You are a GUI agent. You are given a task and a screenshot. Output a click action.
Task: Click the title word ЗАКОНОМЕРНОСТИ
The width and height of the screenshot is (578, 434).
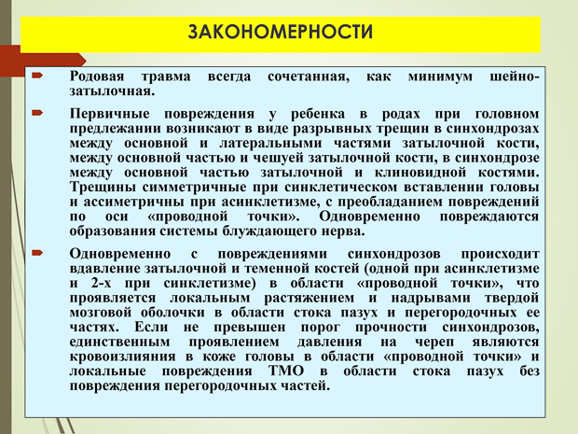281,32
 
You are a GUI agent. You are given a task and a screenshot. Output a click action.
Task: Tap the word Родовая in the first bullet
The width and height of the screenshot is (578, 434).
97,77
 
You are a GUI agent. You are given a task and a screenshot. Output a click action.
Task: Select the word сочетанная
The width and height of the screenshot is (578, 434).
309,77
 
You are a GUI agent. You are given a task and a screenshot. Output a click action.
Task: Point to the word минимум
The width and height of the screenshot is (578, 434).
440,77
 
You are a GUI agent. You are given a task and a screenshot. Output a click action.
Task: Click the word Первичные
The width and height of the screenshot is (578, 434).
109,114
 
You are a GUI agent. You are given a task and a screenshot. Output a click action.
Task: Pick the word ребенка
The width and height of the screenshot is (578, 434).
318,114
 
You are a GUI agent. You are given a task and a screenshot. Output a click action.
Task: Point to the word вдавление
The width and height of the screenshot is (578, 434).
105,269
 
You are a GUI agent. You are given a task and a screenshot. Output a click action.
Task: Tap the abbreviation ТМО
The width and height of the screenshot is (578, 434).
286,371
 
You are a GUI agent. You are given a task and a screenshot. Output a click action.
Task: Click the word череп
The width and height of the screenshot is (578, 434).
434,343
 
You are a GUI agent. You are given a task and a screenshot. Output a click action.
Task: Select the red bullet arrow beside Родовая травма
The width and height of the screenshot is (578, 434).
37,76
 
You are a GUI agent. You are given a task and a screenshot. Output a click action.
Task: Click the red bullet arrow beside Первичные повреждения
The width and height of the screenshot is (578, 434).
37,113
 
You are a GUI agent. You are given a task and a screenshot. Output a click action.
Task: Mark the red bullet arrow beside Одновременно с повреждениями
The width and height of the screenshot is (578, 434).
37,253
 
